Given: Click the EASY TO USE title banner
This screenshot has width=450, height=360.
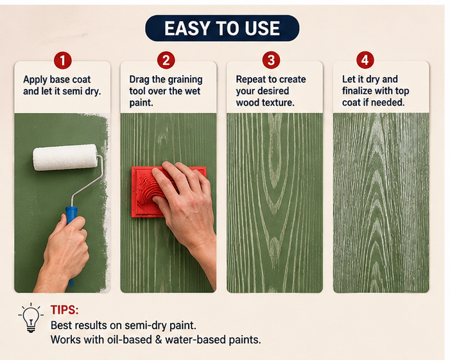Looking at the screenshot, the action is click(x=222, y=28).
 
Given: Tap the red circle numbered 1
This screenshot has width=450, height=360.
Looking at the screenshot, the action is click(x=62, y=60).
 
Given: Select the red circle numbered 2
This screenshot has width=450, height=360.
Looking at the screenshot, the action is click(x=166, y=60).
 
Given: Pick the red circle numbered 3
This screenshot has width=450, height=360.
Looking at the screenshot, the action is click(x=271, y=60).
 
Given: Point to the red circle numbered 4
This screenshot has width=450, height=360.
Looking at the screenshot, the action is click(x=365, y=60).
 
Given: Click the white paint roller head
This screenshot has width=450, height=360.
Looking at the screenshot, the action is click(x=65, y=157).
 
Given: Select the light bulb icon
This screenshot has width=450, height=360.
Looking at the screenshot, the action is click(x=31, y=318).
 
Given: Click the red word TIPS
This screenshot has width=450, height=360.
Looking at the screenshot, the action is click(x=65, y=310).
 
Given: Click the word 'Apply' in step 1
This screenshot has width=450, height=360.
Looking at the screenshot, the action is click(x=35, y=80).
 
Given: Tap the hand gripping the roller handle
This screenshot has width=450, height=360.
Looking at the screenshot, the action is click(x=65, y=252).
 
